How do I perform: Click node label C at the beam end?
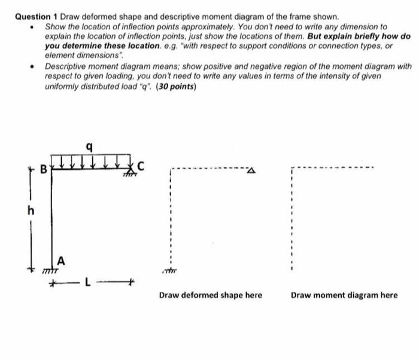click(141, 165)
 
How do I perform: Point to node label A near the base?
click(60, 260)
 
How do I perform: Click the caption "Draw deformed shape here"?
click(210, 295)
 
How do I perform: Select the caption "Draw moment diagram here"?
click(345, 295)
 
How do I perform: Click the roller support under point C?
click(129, 172)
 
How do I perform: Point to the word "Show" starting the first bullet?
click(56, 27)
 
